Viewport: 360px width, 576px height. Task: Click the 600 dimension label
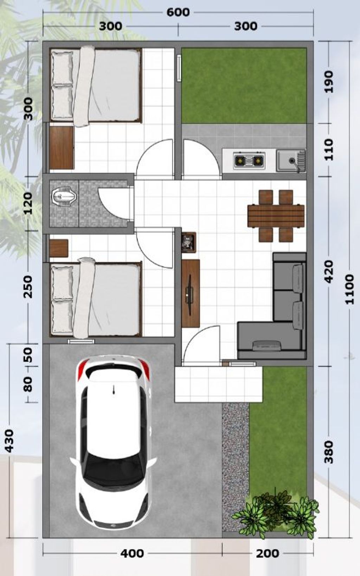[x=178, y=12]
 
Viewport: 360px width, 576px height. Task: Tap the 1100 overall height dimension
[x=350, y=289]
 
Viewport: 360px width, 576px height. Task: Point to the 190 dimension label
[x=329, y=82]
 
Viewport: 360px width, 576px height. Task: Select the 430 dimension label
[x=9, y=441]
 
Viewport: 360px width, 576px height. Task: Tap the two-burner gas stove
[x=249, y=160]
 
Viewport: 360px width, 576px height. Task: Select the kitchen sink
[x=291, y=161]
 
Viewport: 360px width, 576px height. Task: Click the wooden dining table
[x=276, y=216]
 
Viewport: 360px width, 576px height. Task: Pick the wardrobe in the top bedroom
[x=62, y=147]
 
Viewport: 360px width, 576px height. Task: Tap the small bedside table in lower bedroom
[x=59, y=248]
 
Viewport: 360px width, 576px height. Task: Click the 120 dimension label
[x=28, y=203]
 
